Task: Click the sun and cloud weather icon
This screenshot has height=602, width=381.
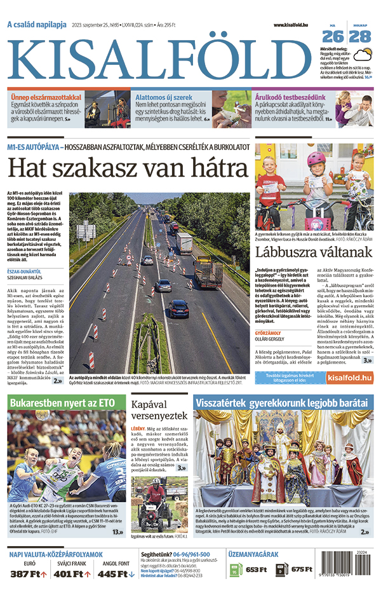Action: click(x=362, y=54)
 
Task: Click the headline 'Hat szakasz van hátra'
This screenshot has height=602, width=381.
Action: click(x=127, y=169)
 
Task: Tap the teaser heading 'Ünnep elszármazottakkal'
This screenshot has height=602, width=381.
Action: click(x=46, y=97)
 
